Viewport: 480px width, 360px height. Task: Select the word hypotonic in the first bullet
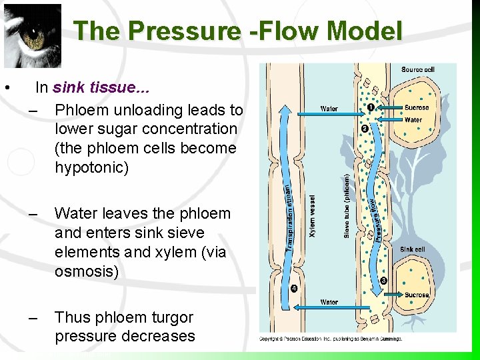coord(91,167)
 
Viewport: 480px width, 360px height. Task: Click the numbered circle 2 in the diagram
coord(365,128)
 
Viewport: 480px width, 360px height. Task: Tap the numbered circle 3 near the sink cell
coord(383,281)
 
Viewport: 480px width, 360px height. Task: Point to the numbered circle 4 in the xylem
coord(294,288)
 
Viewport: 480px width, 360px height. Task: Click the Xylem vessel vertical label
coord(312,215)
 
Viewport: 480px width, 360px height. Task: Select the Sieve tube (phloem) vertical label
coord(347,205)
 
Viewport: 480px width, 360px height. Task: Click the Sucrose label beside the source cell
coord(417,107)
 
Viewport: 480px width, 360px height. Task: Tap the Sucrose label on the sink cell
coord(417,294)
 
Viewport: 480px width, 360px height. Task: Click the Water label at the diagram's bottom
coord(329,302)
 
